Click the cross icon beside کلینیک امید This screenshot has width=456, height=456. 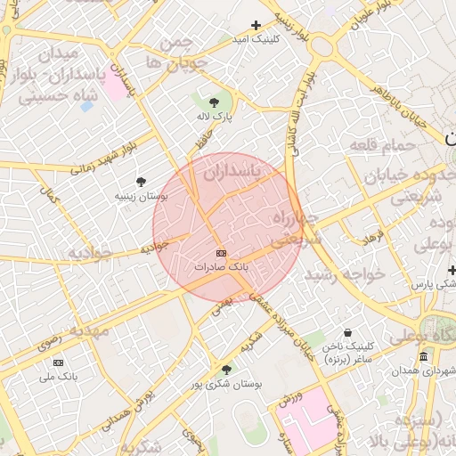[x=256, y=26]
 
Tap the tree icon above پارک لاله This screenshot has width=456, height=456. [x=214, y=102]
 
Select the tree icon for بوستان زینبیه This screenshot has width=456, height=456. [x=141, y=181]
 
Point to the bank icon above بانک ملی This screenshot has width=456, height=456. [x=59, y=362]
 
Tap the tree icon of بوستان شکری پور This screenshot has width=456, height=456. [x=226, y=370]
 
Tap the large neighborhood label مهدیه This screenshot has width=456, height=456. [x=90, y=330]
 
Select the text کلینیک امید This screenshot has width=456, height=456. [x=255, y=40]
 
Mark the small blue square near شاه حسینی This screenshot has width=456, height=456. [x=86, y=106]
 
